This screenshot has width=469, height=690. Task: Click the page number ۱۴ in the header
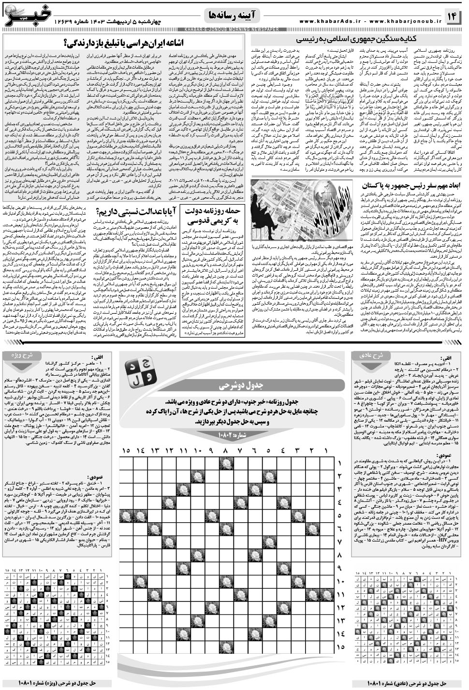point(454,17)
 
